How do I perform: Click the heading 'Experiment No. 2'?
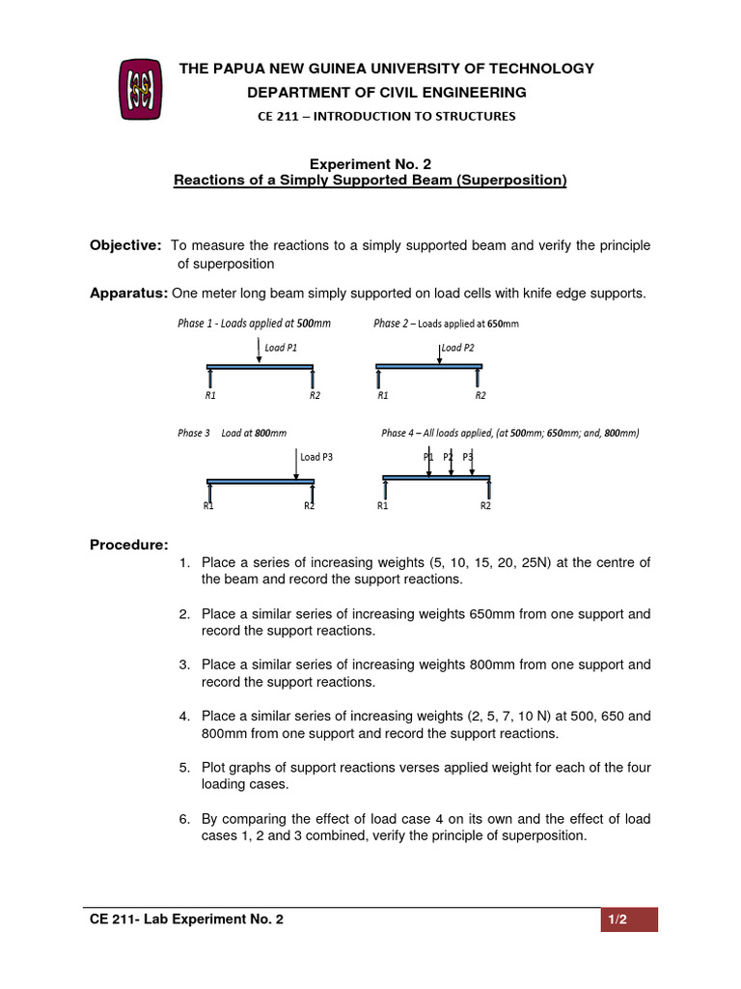[370, 164]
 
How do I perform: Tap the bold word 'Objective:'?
[125, 245]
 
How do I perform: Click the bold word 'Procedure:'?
[128, 545]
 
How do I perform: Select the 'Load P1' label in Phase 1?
[281, 347]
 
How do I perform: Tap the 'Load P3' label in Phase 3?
[316, 457]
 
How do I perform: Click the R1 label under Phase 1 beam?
[210, 395]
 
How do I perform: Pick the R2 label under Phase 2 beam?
[480, 395]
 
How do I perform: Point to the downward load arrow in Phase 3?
[296, 463]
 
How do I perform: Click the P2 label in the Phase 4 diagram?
[448, 456]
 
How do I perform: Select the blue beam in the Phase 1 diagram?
[261, 367]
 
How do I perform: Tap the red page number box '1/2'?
[628, 919]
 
